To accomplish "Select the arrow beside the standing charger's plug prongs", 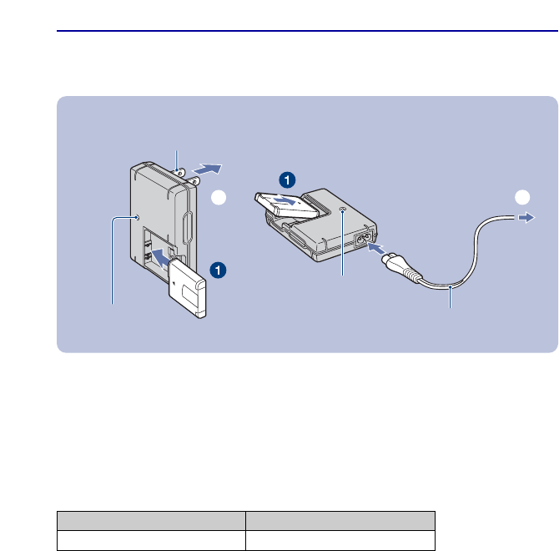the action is pos(212,169).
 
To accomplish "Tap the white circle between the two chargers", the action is pos(219,199).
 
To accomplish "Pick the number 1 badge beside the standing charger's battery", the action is pos(217,269).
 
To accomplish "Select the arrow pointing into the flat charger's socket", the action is pos(377,249).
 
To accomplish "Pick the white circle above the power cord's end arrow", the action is pos(522,199).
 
